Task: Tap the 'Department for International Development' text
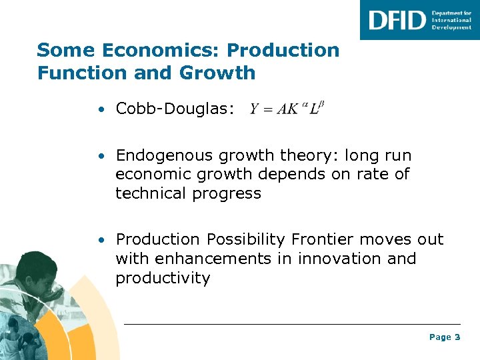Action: [x=451, y=20]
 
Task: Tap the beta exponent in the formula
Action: [x=321, y=103]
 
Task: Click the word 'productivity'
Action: [x=163, y=277]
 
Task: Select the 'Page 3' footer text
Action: [x=444, y=337]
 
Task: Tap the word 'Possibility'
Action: [x=247, y=239]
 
